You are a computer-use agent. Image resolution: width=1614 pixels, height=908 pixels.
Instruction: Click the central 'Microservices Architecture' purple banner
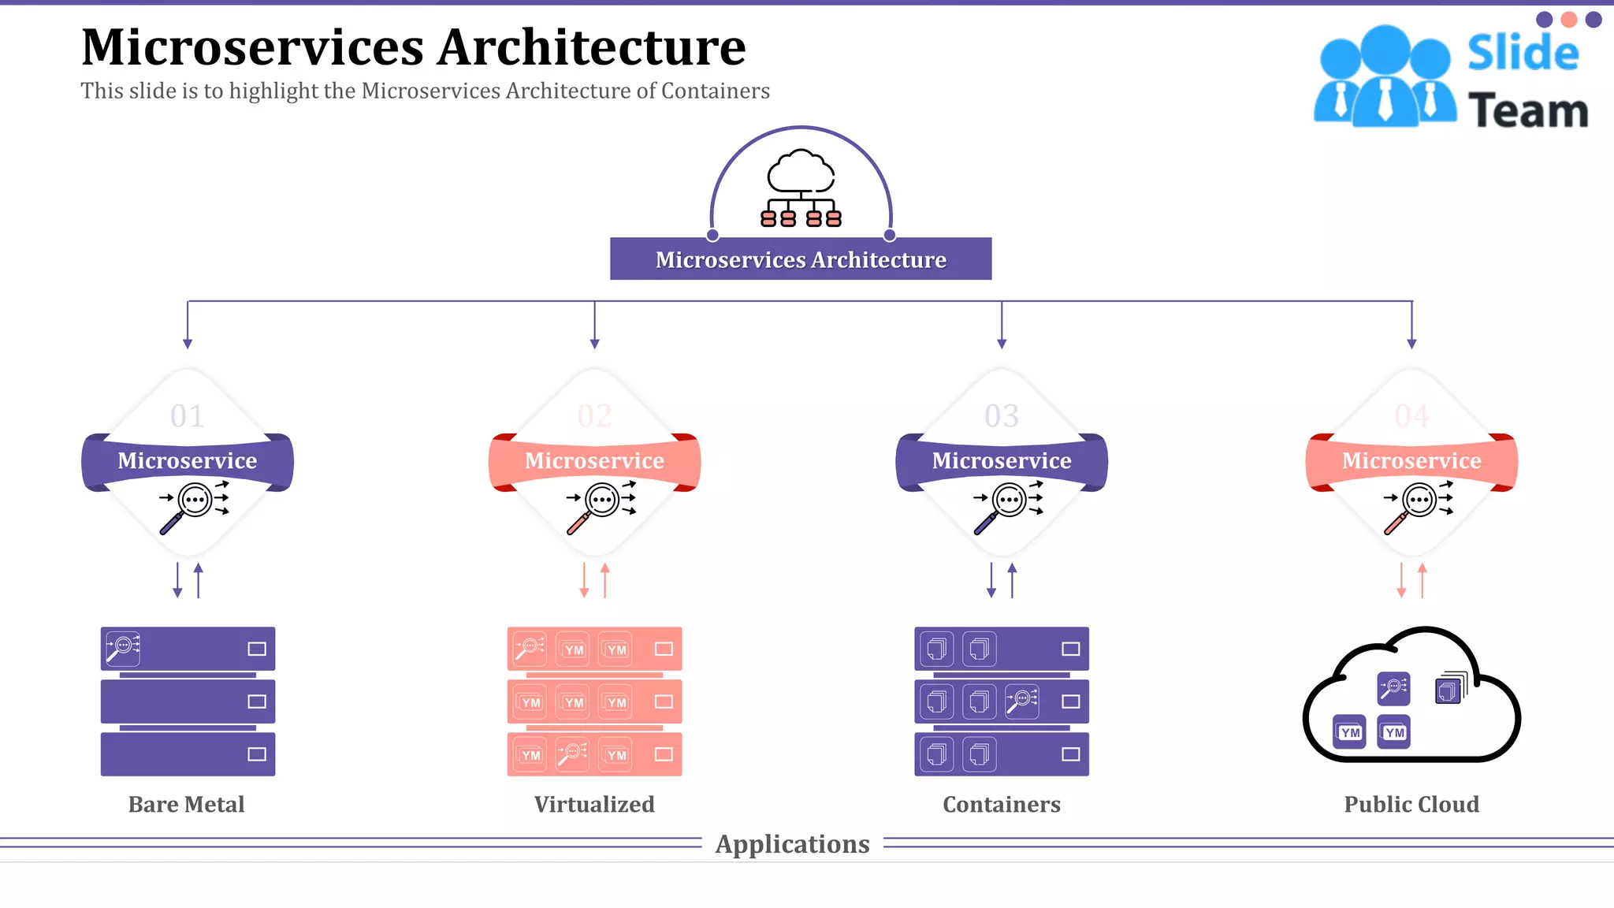801,259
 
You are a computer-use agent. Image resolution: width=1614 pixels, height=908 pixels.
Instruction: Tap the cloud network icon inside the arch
801,188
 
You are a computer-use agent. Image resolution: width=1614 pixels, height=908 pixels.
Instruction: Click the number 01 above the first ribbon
188,416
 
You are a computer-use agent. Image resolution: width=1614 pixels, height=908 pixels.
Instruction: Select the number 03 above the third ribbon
1002,416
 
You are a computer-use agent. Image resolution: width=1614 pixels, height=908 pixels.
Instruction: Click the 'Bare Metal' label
187,804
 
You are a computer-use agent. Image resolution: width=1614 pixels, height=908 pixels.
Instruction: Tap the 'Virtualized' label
594,804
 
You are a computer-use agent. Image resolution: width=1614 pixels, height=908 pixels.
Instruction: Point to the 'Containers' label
1002,804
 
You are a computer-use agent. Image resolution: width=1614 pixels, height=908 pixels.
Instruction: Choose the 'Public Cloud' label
1411,804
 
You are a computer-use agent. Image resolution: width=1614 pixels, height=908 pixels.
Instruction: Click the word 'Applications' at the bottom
792,844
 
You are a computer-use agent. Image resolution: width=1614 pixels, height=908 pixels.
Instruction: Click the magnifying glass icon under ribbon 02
600,505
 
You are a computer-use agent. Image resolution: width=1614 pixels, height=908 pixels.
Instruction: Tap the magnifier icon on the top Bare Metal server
124,648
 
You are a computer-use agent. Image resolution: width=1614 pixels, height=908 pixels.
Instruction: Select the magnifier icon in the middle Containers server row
1022,701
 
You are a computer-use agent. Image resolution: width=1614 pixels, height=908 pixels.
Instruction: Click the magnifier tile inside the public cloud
1393,688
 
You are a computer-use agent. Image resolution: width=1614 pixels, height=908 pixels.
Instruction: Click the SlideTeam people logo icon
1385,76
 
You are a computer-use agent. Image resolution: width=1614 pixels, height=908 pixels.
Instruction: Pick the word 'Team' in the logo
1528,110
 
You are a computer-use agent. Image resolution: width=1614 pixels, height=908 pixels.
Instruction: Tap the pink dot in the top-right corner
1569,20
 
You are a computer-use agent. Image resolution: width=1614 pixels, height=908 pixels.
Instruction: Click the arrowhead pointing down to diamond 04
1411,344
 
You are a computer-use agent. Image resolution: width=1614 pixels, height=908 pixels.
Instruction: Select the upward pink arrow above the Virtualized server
605,579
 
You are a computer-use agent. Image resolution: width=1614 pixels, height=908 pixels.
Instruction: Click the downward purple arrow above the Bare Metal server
177,582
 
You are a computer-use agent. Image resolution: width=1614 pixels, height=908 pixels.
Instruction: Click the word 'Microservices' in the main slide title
252,47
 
